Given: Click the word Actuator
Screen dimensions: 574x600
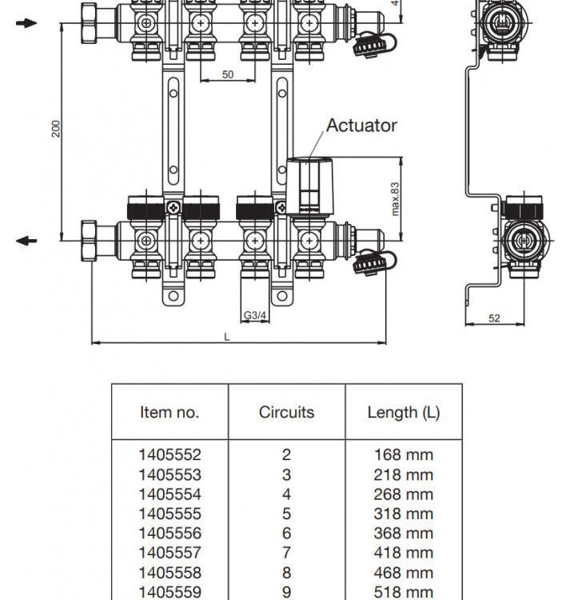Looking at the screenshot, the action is coord(361,126).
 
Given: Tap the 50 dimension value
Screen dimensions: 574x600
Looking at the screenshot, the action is coord(228,74).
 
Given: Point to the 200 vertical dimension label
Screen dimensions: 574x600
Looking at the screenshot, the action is coord(56,129).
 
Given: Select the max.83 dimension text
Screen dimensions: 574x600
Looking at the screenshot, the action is coord(395,199).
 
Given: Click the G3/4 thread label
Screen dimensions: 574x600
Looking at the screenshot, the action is coord(255,315).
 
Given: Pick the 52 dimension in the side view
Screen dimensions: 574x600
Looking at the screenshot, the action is coord(494,318).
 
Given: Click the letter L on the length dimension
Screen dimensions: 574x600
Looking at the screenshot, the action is coord(227,337).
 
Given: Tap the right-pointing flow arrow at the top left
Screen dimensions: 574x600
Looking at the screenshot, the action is coord(26,23).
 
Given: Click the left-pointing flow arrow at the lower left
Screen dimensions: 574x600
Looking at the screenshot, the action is coord(26,241).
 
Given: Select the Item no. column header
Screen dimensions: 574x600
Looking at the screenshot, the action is coord(169,413).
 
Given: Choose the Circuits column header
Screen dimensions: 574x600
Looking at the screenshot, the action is coord(286,413).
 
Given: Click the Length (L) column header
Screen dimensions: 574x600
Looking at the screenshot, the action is coord(404,413).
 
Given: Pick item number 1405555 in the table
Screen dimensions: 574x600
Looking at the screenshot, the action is coord(169,514).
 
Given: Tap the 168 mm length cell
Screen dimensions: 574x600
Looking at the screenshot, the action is coord(404,454).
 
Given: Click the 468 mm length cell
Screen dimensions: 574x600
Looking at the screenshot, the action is coord(404,573).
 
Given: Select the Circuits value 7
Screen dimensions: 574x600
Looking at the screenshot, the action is coord(286,553).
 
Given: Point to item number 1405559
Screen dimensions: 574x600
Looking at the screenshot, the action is coord(169,592).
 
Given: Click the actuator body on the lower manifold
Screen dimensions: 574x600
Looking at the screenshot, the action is coord(310,186).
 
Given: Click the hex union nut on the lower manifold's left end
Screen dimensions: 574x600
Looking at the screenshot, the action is coord(89,241).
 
